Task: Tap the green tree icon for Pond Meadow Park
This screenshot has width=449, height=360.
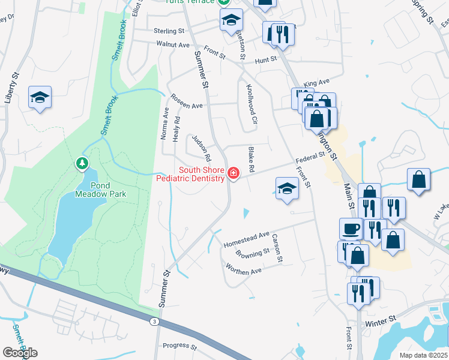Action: click(x=81, y=163)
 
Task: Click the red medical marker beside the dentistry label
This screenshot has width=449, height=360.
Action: click(x=233, y=173)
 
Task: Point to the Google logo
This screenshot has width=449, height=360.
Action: click(x=20, y=353)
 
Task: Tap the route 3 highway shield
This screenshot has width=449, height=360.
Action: click(x=155, y=322)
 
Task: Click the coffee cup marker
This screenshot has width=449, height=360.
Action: click(x=351, y=229)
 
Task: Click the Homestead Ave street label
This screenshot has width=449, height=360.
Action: click(x=247, y=240)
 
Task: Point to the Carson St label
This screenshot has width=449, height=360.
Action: click(x=277, y=248)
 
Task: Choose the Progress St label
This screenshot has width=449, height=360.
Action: click(x=180, y=346)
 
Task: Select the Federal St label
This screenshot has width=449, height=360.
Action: click(x=310, y=158)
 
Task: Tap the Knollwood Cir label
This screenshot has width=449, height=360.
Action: click(x=251, y=103)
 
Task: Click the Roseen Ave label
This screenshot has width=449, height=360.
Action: click(x=187, y=101)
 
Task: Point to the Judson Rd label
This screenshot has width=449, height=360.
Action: click(x=202, y=149)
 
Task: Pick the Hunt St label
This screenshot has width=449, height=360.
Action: click(x=265, y=60)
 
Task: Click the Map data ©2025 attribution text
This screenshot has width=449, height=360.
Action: click(x=423, y=355)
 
